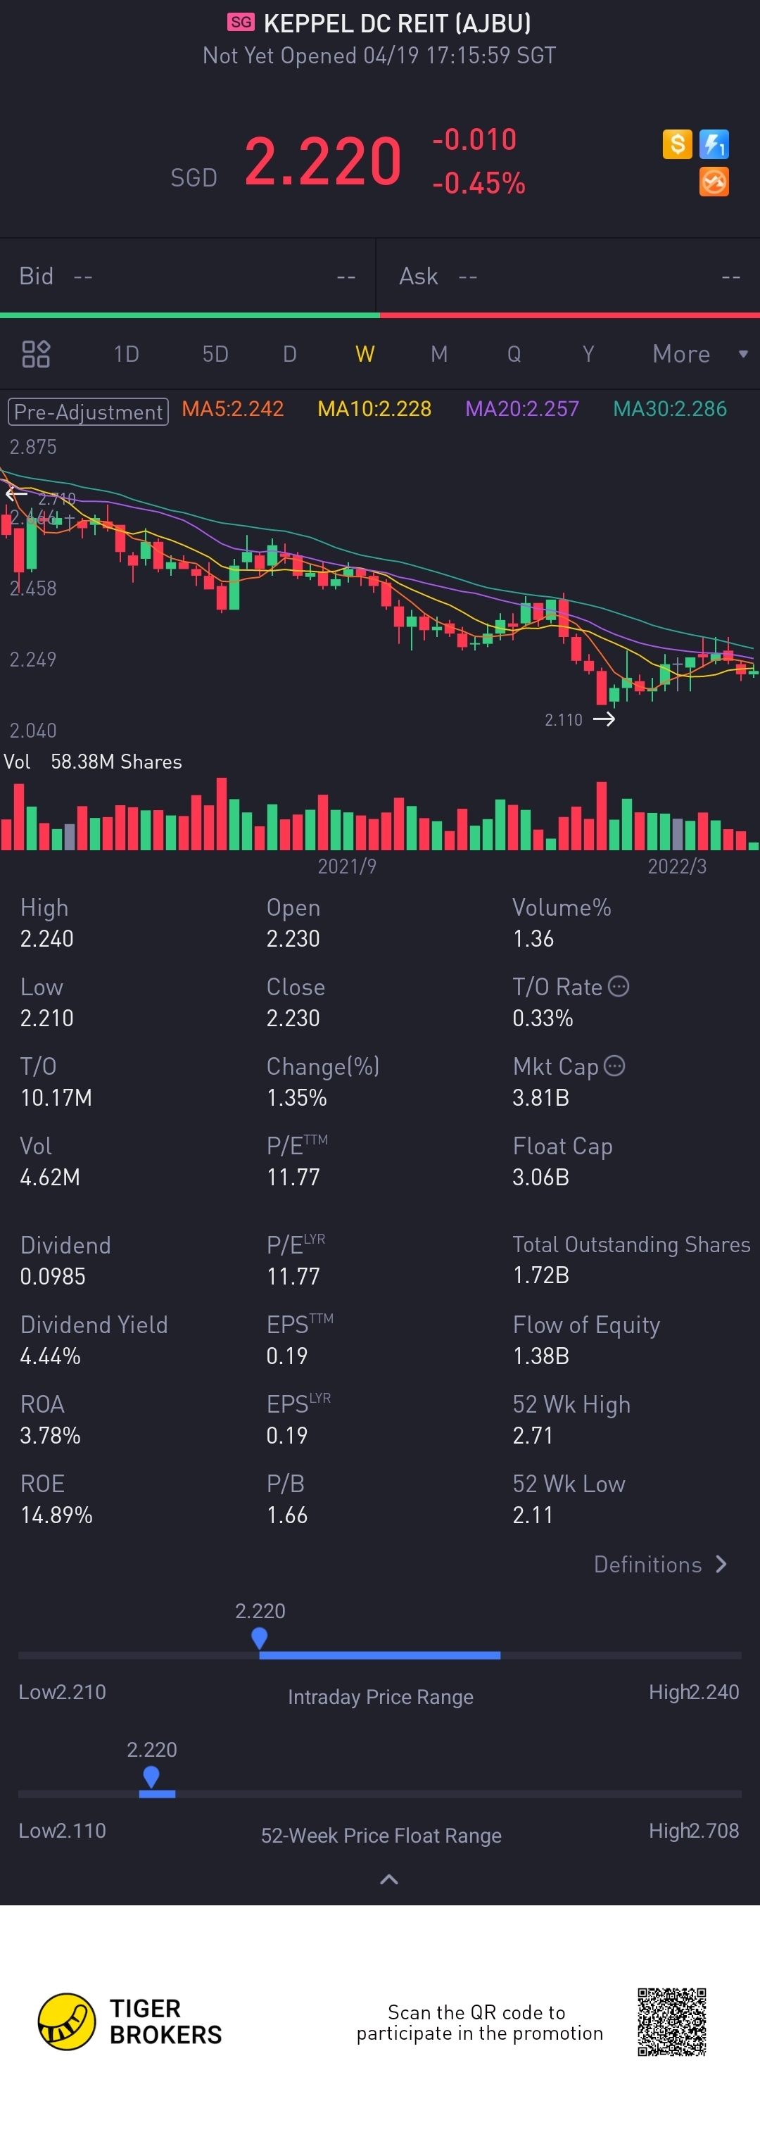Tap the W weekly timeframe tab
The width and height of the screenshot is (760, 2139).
point(365,355)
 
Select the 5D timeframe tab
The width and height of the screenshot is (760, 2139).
point(215,355)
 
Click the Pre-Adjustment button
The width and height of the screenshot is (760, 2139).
point(88,412)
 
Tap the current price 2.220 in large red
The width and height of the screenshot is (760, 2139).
point(323,161)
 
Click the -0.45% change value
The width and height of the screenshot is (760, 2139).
point(479,184)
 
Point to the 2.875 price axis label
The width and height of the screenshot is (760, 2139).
point(33,448)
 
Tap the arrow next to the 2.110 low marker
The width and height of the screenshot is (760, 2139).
point(604,719)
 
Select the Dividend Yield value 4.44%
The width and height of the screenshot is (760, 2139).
point(51,1357)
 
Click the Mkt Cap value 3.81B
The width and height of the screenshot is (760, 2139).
point(540,1098)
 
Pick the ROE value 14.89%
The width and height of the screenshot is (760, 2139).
point(56,1515)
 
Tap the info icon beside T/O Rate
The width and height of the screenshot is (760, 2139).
point(619,987)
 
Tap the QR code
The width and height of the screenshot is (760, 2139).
point(672,2022)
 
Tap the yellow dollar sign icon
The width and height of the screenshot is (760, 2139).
point(678,144)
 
